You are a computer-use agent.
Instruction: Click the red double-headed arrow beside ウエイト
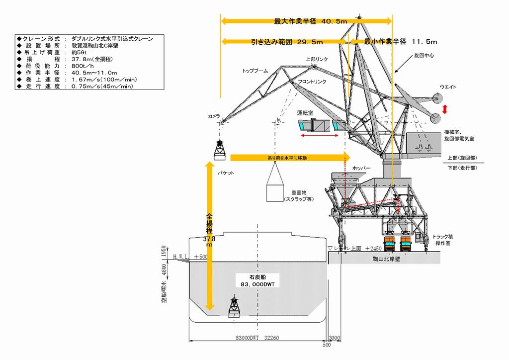tap(445, 109)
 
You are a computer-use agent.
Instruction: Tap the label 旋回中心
tap(424, 56)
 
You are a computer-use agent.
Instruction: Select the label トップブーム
tap(255, 71)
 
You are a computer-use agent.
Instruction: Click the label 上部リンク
tap(317, 59)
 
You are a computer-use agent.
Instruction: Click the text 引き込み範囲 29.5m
tap(287, 42)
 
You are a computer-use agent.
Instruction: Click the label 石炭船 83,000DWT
tap(258, 280)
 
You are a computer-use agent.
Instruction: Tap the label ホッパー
tap(361, 168)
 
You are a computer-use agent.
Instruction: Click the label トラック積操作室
tap(442, 240)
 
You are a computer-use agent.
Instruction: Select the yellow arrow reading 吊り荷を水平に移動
tap(287, 158)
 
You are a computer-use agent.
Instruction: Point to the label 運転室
tap(305, 113)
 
